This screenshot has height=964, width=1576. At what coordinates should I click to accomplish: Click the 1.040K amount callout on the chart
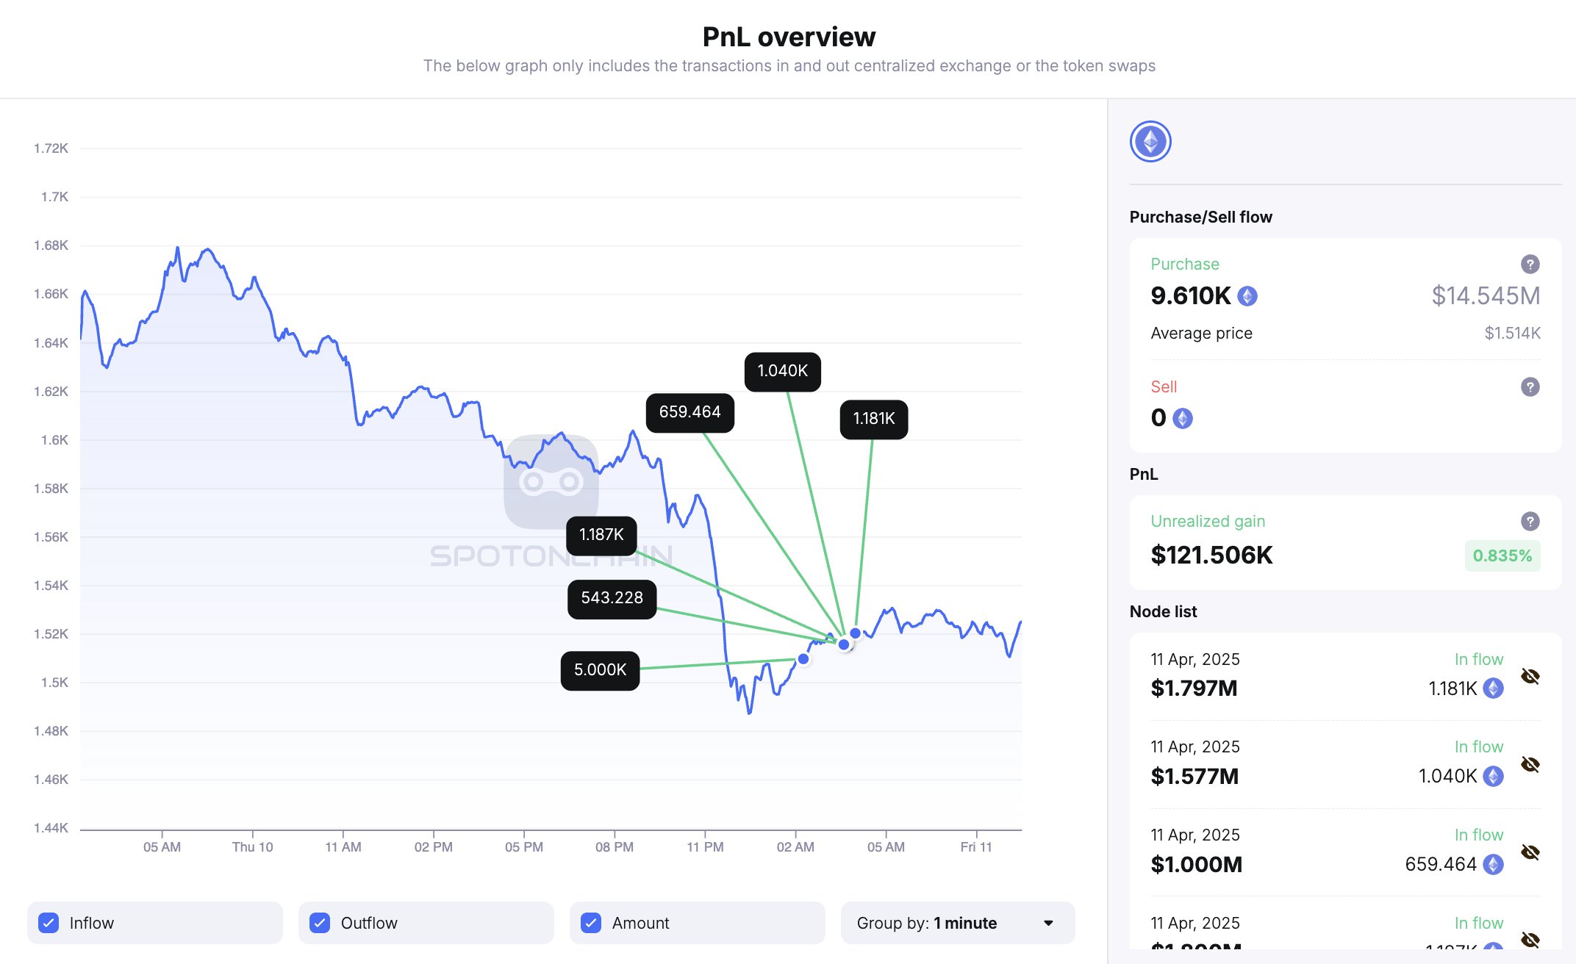click(782, 371)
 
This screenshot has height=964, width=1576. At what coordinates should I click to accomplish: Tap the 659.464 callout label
click(689, 412)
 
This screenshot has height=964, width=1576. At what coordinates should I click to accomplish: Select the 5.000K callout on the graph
click(600, 670)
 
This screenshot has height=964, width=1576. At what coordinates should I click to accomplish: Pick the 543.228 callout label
click(612, 598)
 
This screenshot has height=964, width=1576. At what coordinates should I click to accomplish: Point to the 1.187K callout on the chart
click(601, 535)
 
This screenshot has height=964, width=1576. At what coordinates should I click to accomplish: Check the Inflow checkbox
click(49, 923)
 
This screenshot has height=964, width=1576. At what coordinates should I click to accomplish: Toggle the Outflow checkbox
click(320, 923)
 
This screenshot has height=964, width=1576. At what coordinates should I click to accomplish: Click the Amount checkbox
click(591, 923)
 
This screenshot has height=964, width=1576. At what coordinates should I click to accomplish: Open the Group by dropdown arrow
click(1048, 923)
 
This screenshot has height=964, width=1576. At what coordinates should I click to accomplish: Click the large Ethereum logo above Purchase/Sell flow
click(1150, 142)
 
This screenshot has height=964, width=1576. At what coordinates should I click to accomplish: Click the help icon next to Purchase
click(1530, 265)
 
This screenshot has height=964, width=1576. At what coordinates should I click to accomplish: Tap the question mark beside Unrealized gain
click(1530, 522)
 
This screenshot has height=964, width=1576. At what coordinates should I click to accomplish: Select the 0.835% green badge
click(1502, 556)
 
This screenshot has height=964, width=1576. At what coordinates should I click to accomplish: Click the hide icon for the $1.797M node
click(1530, 676)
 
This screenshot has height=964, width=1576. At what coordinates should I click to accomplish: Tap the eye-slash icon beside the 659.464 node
click(1530, 852)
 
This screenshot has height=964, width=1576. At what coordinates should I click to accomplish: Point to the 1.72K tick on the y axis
click(51, 148)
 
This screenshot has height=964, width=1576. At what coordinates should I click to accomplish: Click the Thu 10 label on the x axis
click(252, 847)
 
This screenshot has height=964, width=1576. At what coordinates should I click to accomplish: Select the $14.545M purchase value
click(1486, 295)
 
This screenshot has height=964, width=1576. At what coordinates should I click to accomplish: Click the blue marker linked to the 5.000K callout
click(803, 659)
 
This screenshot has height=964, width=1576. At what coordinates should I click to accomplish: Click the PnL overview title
click(789, 37)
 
